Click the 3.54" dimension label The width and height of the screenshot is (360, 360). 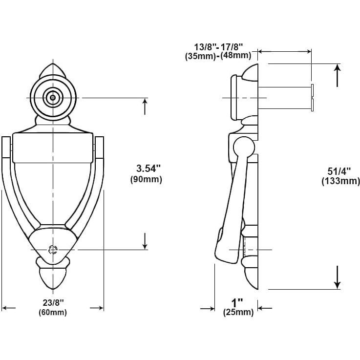(148, 169)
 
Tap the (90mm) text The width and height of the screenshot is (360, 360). (146, 179)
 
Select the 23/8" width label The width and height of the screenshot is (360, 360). (53, 302)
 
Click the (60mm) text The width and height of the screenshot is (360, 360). (53, 312)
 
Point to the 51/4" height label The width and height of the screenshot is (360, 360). (339, 171)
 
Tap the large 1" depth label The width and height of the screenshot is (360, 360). (237, 303)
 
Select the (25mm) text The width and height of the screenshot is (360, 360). (238, 312)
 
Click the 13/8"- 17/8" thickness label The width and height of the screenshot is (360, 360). (218, 47)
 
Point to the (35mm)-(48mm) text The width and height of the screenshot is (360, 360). (218, 56)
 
